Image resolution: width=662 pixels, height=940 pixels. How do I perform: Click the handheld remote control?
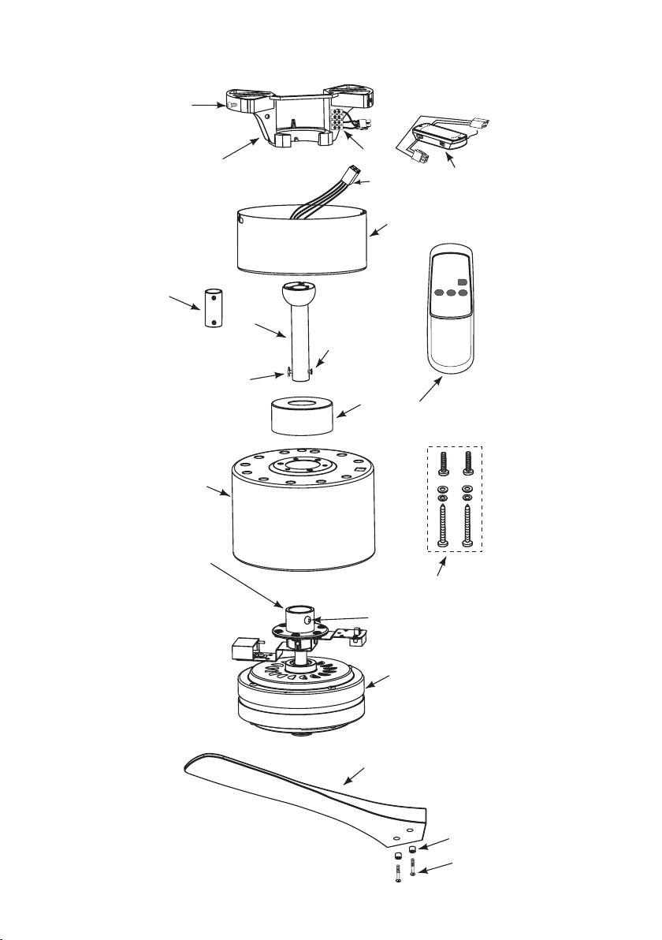point(450,315)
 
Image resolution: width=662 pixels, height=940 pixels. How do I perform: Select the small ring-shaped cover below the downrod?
point(299,416)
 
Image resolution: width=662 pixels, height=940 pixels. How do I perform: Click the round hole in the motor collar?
point(307,621)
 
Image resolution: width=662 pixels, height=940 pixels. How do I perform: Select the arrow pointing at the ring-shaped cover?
point(351,410)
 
